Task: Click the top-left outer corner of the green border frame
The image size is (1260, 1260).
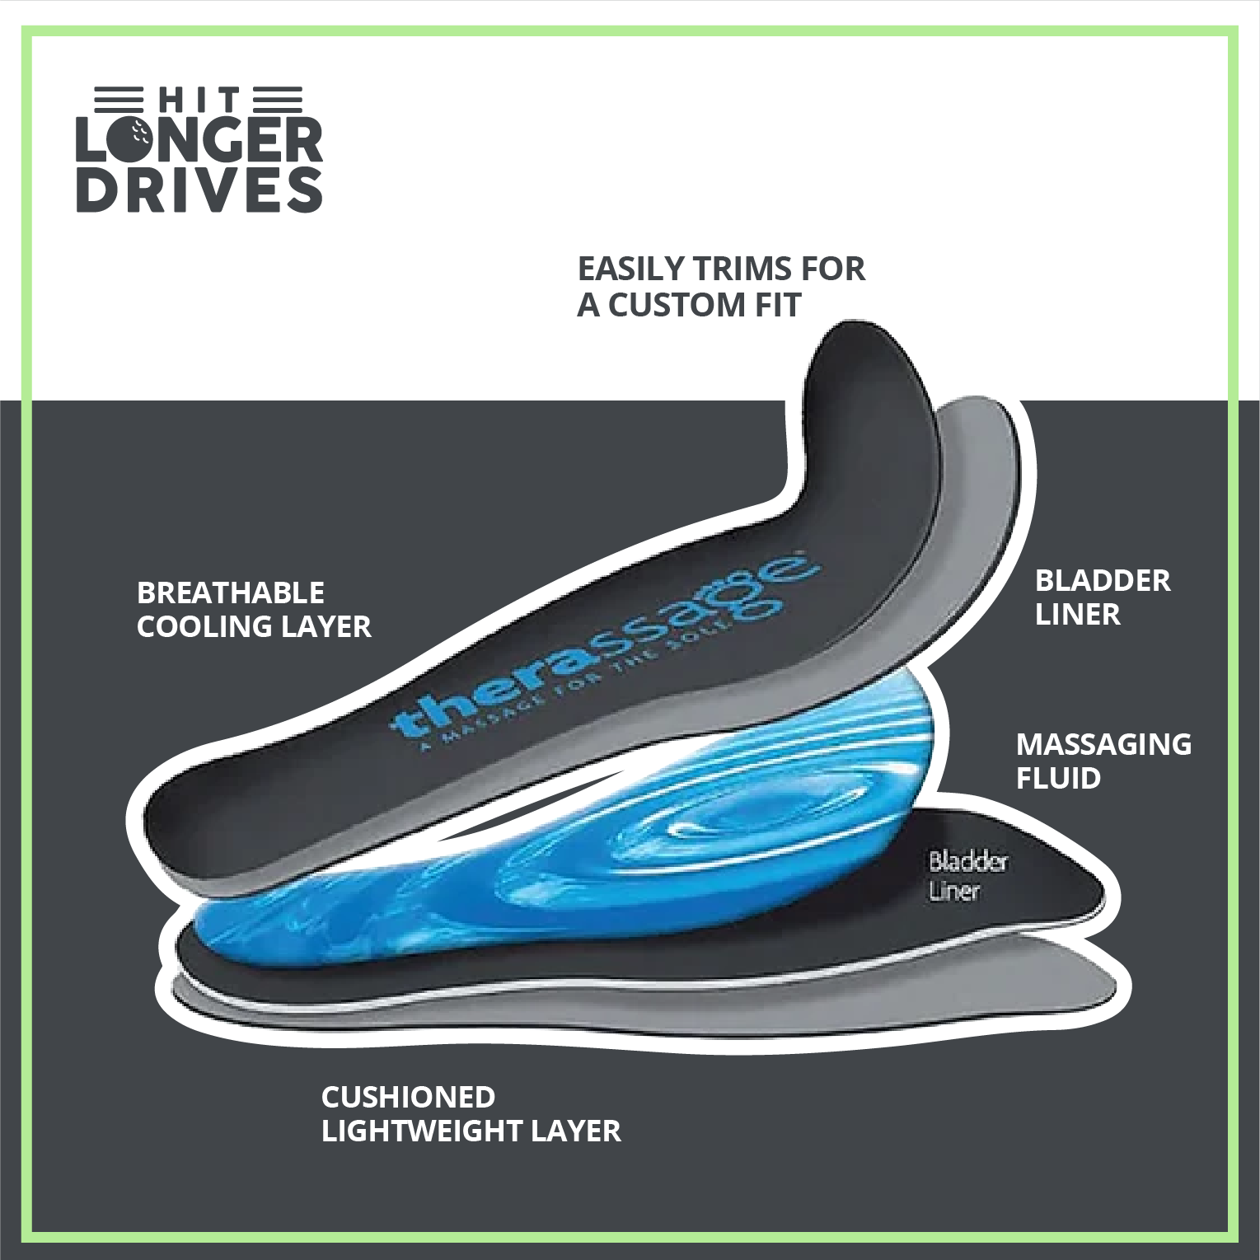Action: coord(22,26)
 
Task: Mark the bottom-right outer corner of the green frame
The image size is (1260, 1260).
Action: coord(1239,1243)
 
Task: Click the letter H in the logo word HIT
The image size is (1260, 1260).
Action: coord(172,101)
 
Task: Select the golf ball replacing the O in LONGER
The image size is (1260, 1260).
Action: coord(129,139)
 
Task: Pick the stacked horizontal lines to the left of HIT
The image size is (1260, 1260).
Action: coord(119,100)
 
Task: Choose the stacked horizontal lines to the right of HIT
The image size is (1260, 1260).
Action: coord(279,100)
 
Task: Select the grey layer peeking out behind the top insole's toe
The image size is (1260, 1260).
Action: coord(981,494)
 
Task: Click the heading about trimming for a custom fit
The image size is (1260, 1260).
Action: coord(721,287)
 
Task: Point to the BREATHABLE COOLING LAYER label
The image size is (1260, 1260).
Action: coord(254,610)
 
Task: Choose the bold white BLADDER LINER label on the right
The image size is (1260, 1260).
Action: coord(1103,597)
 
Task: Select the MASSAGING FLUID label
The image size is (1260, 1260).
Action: coord(1103,761)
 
